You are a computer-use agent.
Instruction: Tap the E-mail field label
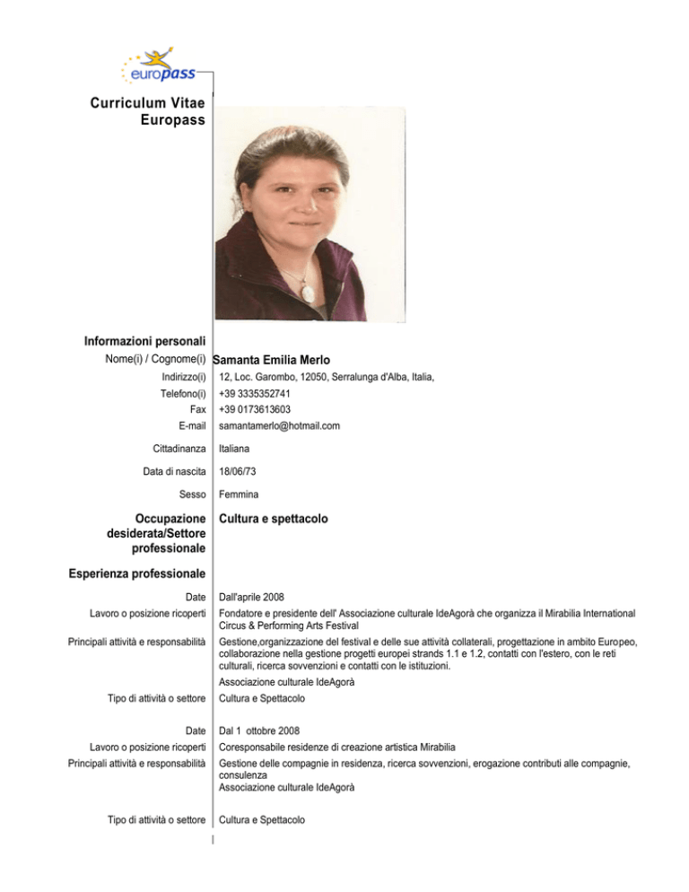[x=188, y=425]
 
